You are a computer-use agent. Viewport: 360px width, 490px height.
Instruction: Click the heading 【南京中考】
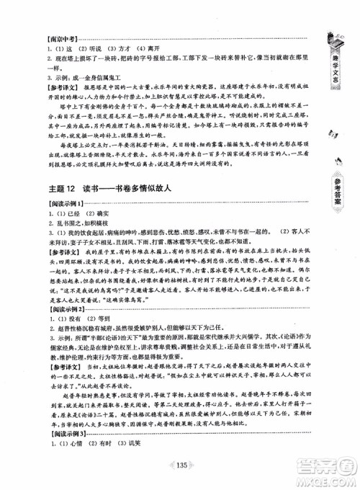coord(42,36)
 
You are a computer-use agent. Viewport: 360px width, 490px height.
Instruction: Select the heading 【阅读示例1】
coord(45,206)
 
